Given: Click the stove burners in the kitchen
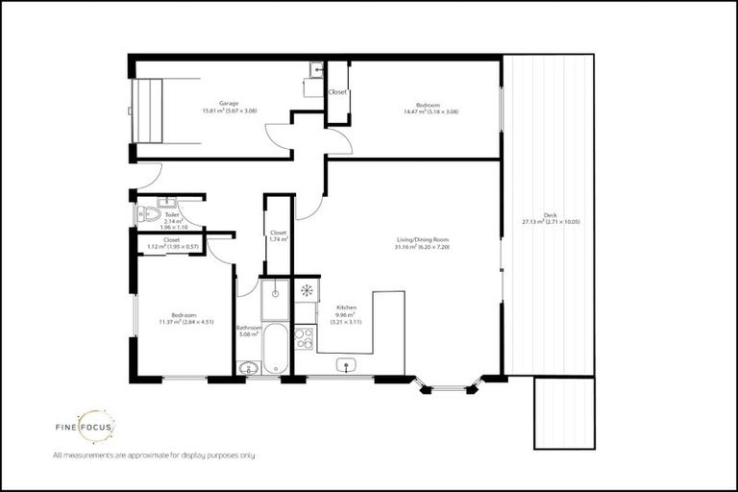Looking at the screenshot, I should tap(305, 337).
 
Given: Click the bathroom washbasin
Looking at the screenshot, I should tap(248, 367).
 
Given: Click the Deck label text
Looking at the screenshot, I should tap(551, 217).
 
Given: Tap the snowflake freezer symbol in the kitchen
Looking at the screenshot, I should tap(306, 289).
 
